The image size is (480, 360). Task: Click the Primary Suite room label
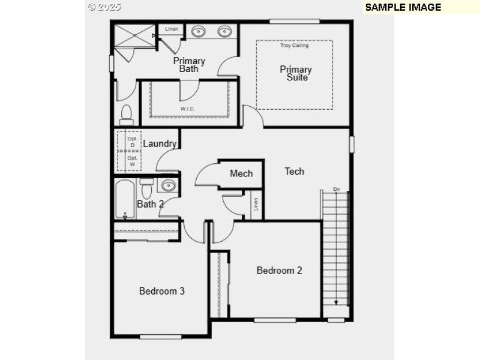tap(296, 73)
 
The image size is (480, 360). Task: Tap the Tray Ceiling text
tap(294, 46)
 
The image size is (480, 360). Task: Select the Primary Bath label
tap(189, 64)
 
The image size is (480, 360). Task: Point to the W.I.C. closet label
tap(188, 109)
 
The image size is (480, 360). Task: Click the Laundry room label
tap(160, 143)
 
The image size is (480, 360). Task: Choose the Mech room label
tap(241, 173)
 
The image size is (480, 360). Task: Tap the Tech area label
tap(294, 171)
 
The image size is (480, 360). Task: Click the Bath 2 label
tap(150, 204)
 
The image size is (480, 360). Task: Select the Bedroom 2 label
tap(279, 270)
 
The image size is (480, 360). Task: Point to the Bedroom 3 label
tap(161, 291)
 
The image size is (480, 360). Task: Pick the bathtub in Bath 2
tap(125, 199)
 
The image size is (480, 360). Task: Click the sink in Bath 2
tap(169, 185)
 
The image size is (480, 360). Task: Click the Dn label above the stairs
tap(336, 190)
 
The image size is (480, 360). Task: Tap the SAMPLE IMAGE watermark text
tap(403, 7)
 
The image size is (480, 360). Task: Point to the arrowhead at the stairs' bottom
tap(336, 302)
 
